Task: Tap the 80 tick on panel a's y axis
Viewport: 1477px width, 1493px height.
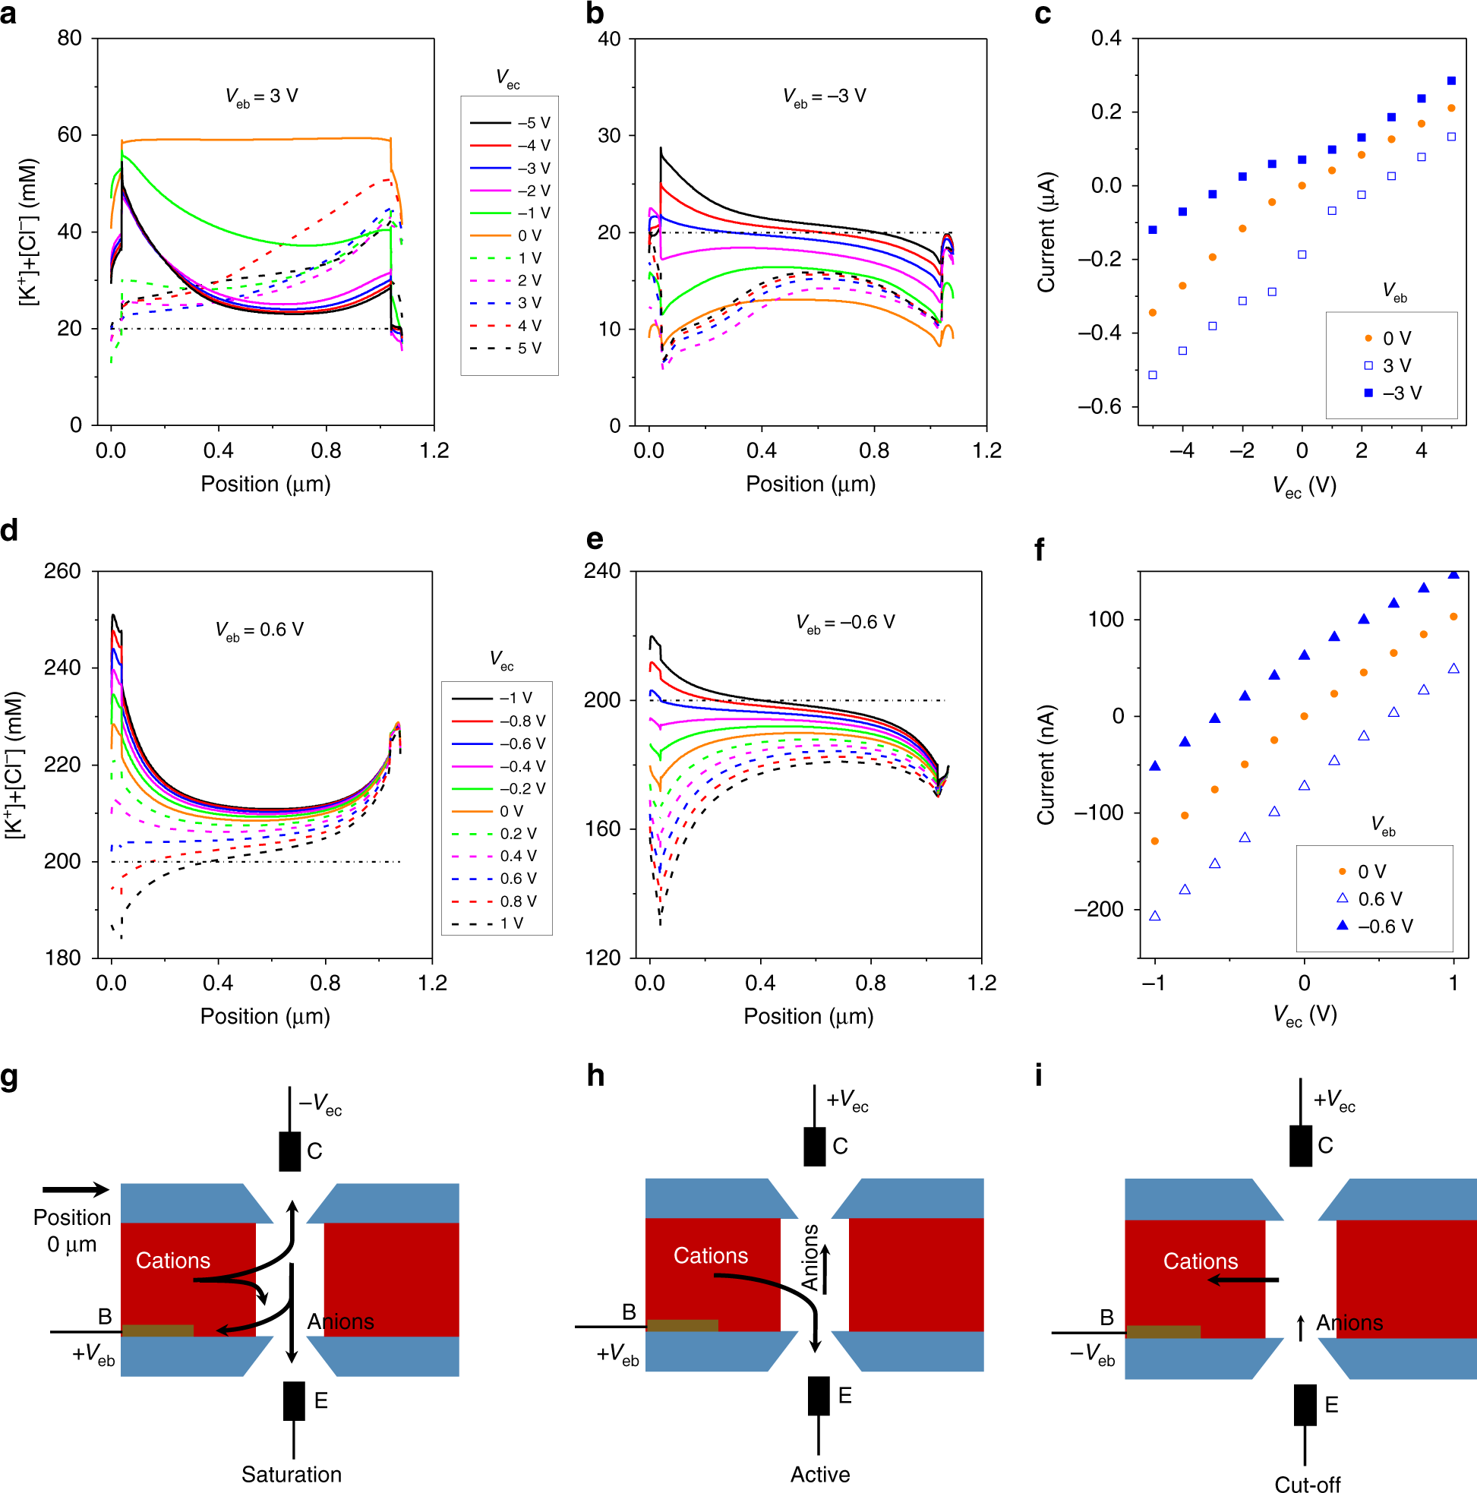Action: pos(70,38)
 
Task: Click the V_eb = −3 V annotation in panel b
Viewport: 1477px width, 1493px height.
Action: pos(824,96)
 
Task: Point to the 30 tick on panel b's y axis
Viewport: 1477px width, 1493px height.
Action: pos(609,135)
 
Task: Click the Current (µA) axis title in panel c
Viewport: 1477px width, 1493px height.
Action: pos(1046,232)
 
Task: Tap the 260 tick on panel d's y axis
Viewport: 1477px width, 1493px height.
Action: pos(62,571)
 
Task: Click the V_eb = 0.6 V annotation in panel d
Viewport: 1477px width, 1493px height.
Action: pos(259,630)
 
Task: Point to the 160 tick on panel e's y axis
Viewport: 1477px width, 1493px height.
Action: pos(602,829)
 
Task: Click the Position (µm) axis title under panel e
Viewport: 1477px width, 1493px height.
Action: pos(809,1016)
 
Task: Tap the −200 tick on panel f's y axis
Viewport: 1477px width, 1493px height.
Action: pos(1098,909)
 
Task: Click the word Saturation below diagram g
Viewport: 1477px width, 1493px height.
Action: pos(292,1474)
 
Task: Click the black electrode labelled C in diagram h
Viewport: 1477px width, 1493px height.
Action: pos(815,1146)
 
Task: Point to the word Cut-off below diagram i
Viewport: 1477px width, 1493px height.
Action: pos(1307,1483)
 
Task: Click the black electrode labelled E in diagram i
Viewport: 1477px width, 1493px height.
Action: pos(1305,1404)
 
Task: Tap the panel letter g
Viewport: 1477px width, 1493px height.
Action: pos(9,1075)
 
